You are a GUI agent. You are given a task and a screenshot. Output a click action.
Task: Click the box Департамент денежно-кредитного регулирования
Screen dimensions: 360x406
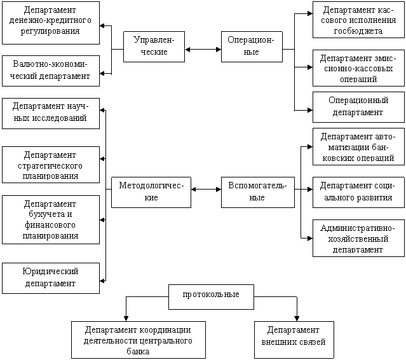[51, 22]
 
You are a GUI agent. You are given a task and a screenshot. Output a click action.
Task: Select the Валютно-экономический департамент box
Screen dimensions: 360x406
[51, 71]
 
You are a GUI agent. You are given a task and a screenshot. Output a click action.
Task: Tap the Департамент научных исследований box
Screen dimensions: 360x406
[51, 113]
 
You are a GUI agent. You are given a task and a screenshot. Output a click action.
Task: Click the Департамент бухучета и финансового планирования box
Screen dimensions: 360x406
[51, 219]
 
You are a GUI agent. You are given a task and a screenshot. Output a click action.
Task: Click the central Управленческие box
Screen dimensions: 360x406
[149, 46]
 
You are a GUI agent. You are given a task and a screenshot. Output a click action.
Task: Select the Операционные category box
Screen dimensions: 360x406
[251, 46]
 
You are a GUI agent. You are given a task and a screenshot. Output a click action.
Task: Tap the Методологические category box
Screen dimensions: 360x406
[151, 192]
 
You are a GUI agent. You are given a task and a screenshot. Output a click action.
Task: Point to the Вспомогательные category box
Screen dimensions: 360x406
[257, 192]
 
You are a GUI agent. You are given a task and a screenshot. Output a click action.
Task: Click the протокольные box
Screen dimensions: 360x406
[211, 296]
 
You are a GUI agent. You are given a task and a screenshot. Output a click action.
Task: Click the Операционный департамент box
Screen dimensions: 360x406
[359, 107]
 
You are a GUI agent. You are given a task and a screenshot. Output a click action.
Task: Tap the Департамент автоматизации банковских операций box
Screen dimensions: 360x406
[359, 147]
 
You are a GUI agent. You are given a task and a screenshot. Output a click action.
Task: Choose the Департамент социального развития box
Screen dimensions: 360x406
[359, 192]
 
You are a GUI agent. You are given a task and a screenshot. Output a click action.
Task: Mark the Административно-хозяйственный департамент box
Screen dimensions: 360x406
[359, 239]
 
